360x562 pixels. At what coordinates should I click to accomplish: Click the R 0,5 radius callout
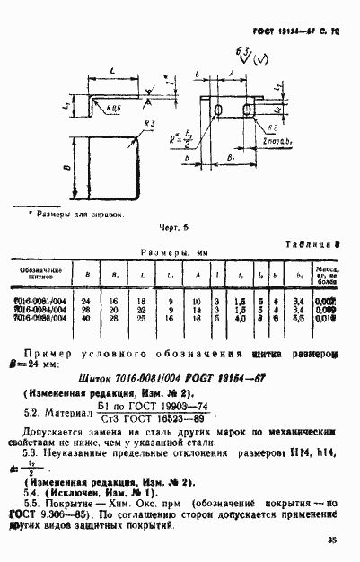112,107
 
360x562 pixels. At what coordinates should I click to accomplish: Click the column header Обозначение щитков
40,273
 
